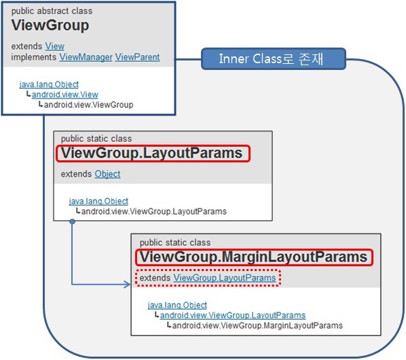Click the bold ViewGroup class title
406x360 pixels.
click(50, 26)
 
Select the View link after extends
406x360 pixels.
click(54, 46)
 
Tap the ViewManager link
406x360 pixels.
click(86, 57)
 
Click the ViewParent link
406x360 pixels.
click(137, 57)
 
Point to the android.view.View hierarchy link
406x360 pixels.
click(65, 94)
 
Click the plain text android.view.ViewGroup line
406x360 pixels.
click(88, 105)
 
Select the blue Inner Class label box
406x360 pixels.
click(274, 59)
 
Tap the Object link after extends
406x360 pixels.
click(107, 174)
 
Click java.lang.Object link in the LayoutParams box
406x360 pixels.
click(98, 201)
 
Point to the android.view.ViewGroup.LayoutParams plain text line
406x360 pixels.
click(154, 211)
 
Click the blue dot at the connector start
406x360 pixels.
click(73, 221)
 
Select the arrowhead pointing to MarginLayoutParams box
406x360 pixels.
click(128, 285)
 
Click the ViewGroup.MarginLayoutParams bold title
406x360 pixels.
click(253, 257)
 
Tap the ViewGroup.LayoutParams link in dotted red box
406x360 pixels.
click(225, 278)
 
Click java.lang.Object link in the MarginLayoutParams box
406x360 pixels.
click(177, 305)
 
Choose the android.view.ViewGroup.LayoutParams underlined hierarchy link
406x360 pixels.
click(233, 315)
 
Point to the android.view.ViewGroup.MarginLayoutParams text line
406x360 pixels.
click(257, 325)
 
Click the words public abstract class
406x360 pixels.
click(52, 11)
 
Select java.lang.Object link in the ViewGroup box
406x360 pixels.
click(49, 84)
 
